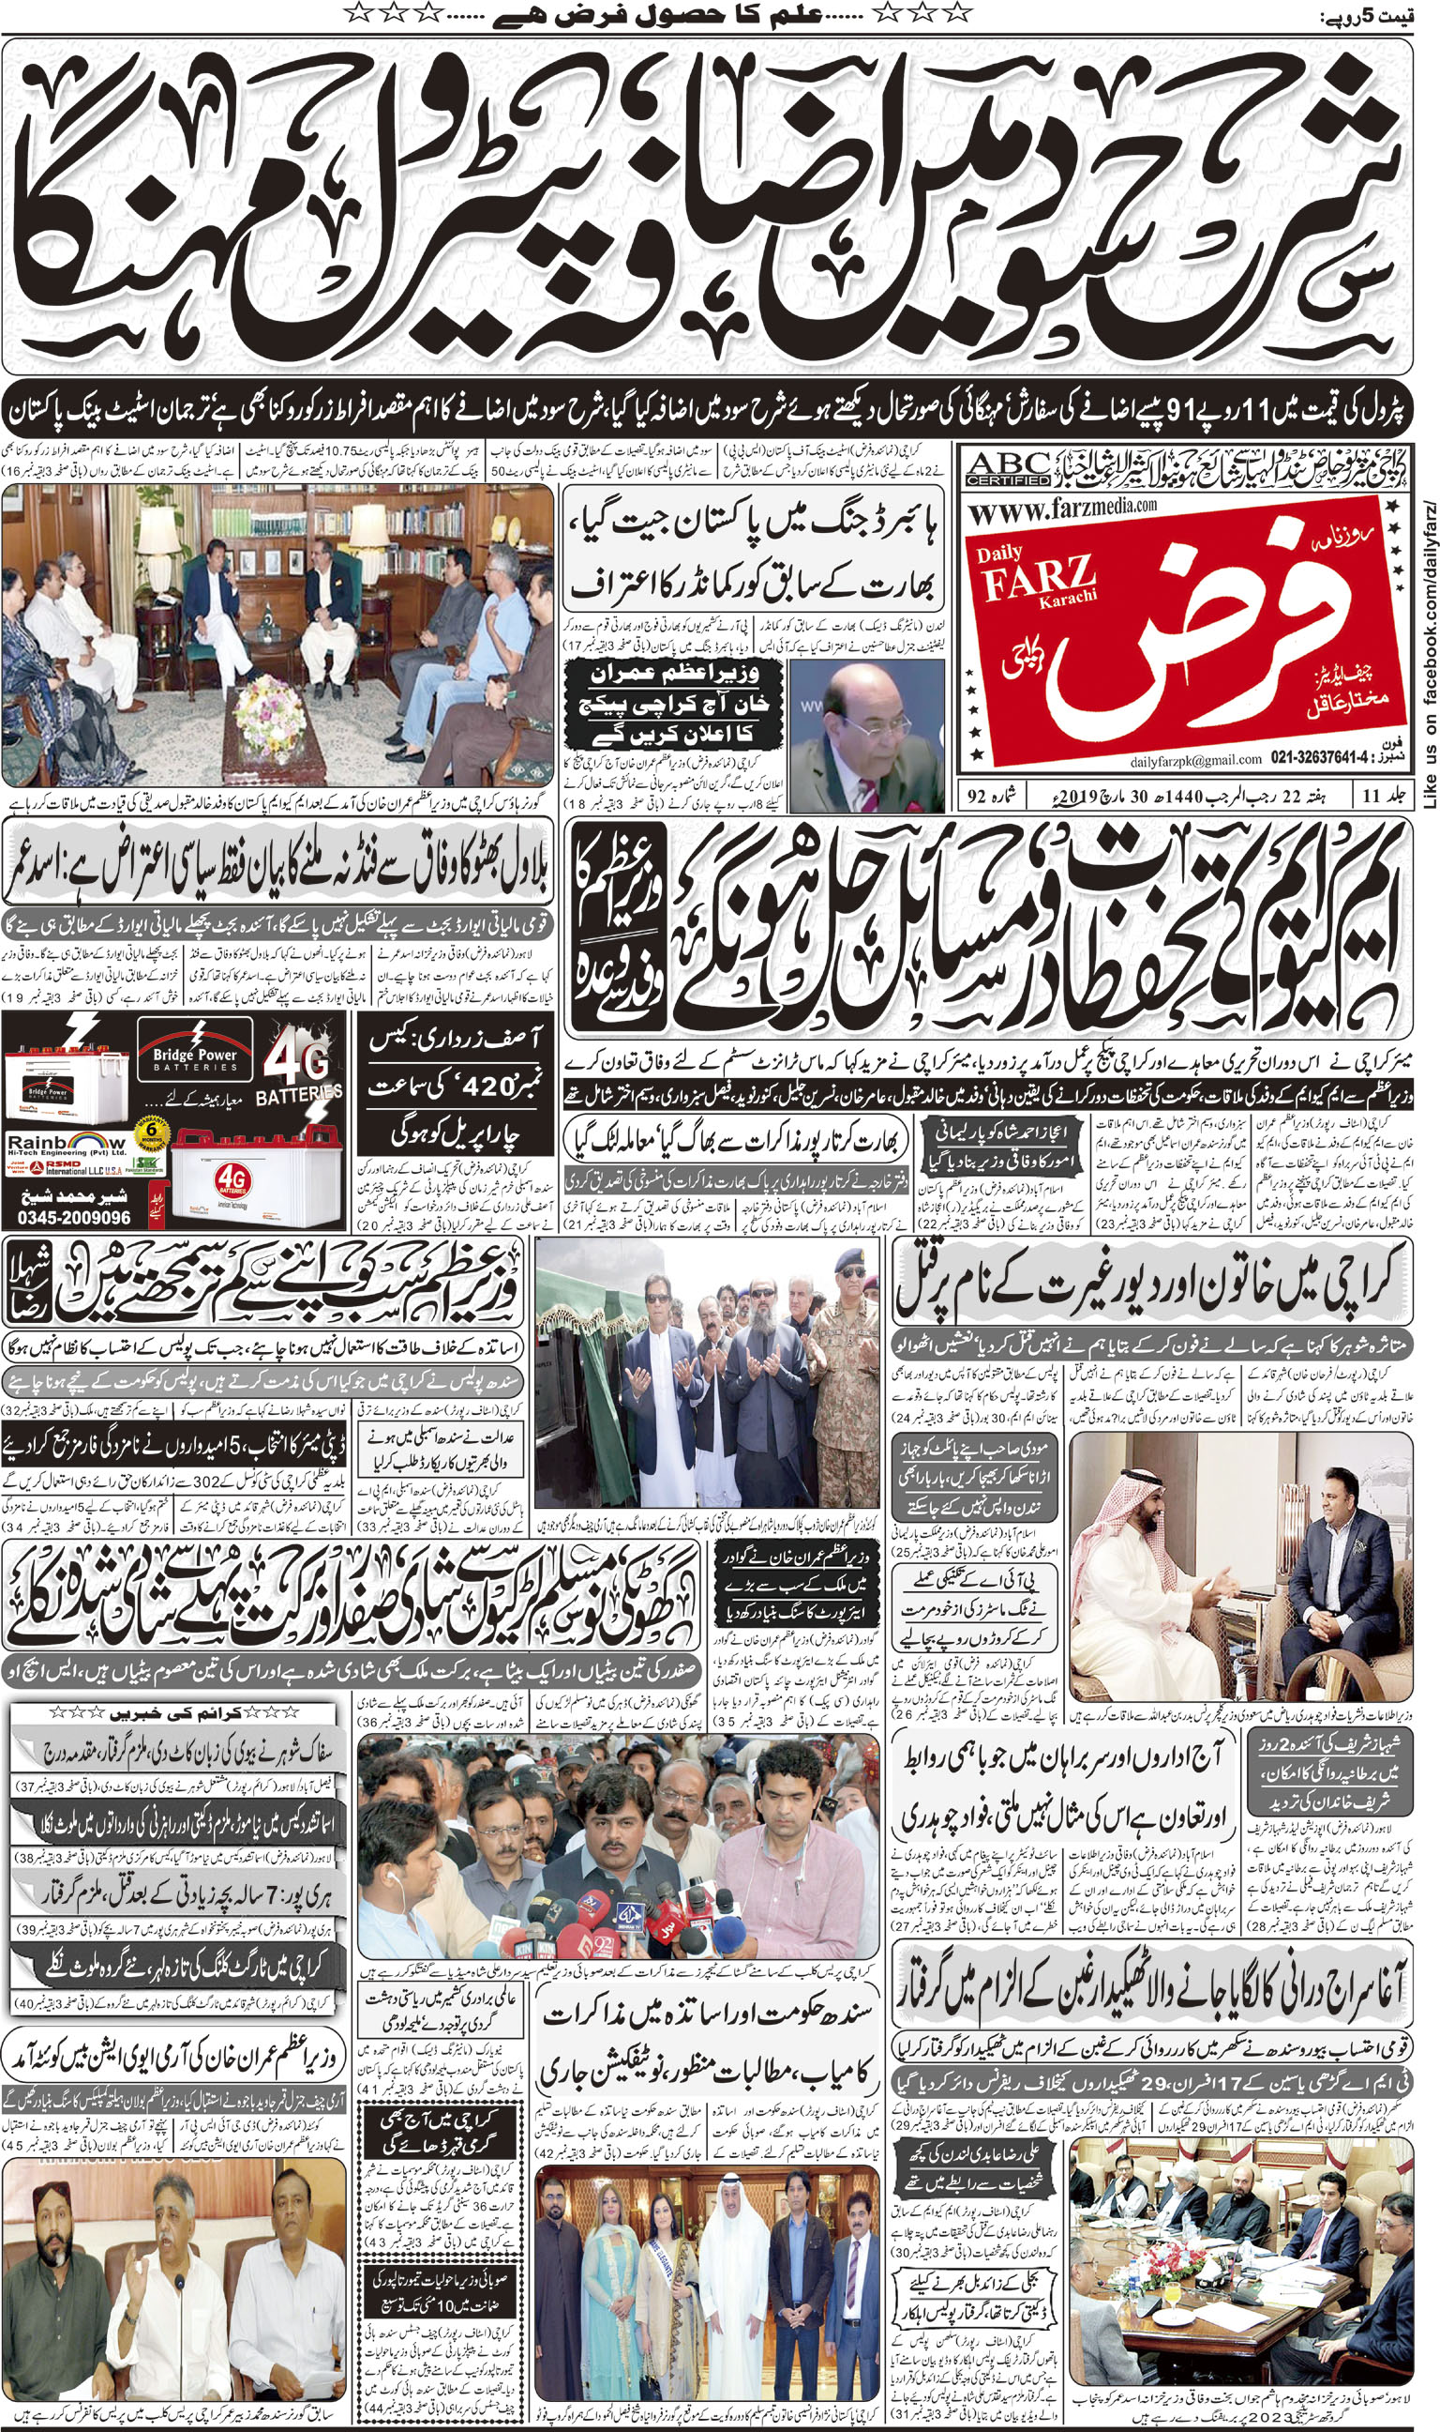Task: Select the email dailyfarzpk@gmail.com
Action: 1194,759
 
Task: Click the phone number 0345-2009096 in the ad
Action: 74,1218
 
